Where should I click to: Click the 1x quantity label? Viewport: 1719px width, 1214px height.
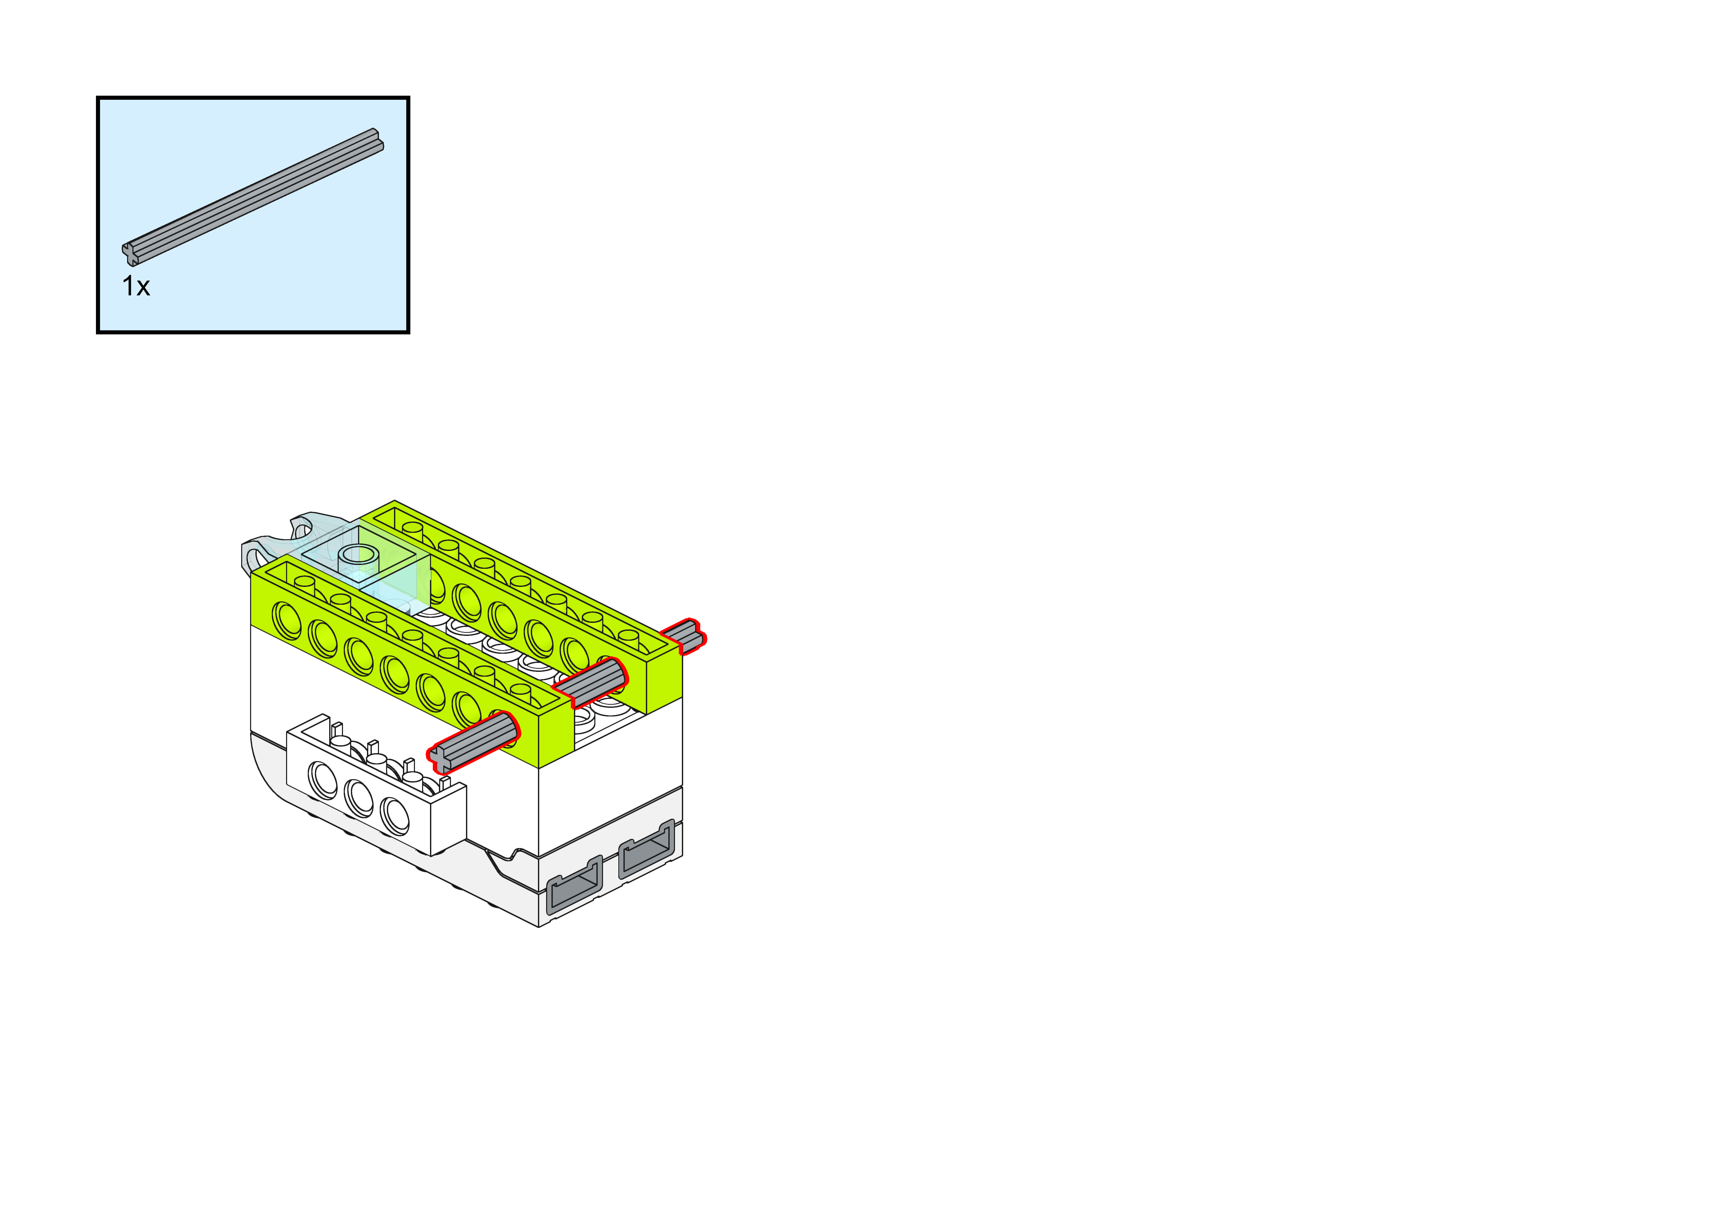[x=136, y=286]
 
